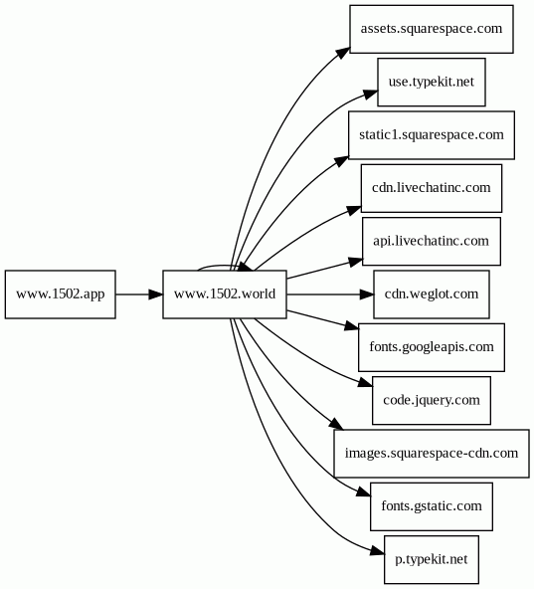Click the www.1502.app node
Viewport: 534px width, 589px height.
[x=61, y=294]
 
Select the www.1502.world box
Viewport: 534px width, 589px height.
[x=225, y=294]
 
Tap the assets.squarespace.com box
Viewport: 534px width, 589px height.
[x=432, y=29]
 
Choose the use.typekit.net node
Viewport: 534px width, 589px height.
[x=432, y=82]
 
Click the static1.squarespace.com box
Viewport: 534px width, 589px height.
[x=432, y=135]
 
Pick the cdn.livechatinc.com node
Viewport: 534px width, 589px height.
[x=432, y=188]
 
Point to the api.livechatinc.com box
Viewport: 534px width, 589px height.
[x=432, y=241]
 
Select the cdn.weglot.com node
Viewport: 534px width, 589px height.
[x=432, y=294]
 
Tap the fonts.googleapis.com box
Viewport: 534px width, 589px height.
[x=432, y=347]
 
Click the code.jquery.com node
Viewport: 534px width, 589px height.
[x=432, y=400]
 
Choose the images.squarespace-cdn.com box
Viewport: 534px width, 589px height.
[x=432, y=454]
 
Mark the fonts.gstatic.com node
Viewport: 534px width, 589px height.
[x=432, y=506]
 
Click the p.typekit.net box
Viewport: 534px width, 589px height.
[x=432, y=560]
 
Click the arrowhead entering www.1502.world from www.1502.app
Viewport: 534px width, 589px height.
[x=155, y=294]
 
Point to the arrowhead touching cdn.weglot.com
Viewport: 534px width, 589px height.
[x=367, y=294]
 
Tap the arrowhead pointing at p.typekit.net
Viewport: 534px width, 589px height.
[x=378, y=551]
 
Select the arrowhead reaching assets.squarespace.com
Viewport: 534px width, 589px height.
[x=343, y=53]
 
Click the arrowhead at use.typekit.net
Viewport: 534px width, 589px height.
[x=370, y=95]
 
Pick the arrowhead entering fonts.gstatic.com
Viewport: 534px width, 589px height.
[x=364, y=491]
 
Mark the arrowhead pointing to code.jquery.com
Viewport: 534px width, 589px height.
[x=365, y=383]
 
